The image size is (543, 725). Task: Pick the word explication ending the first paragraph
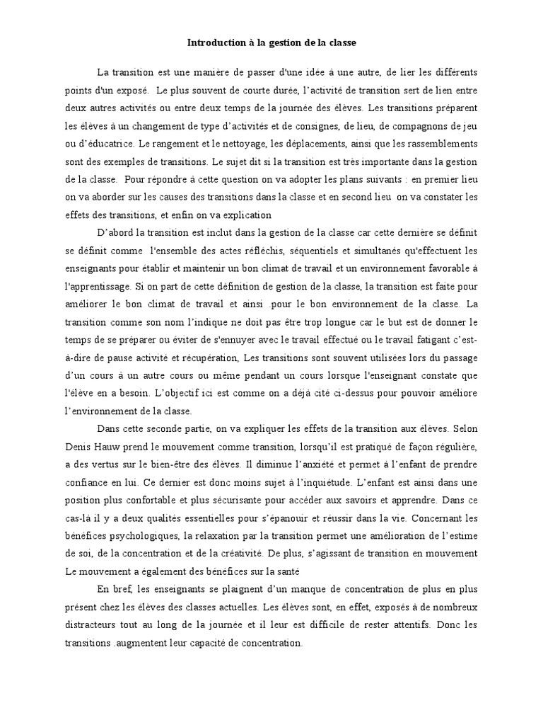point(242,216)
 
